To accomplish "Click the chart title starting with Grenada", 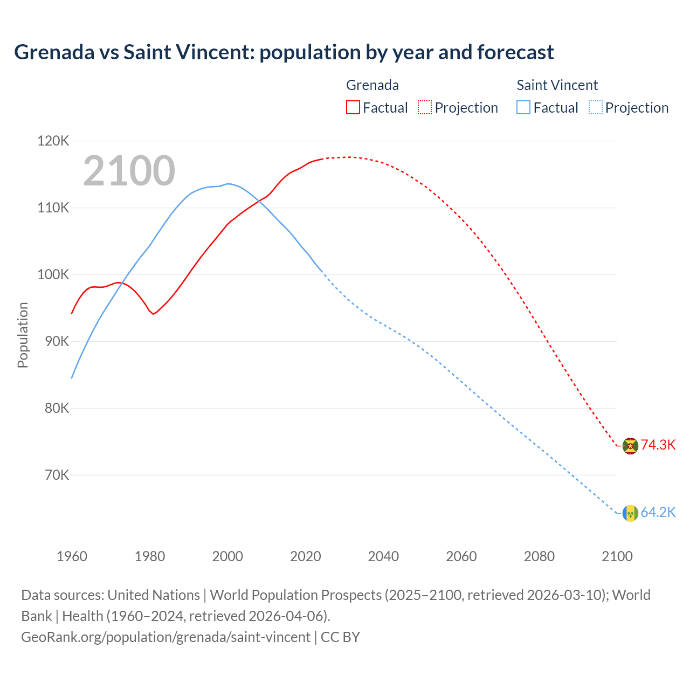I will [x=284, y=52].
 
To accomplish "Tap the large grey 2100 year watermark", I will [x=129, y=171].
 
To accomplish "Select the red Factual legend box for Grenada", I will [x=353, y=108].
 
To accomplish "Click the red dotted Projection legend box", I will [x=425, y=108].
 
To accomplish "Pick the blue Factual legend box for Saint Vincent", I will [x=523, y=108].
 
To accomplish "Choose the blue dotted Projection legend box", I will [x=596, y=108].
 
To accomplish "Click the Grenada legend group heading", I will [x=372, y=85].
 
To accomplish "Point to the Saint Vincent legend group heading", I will [x=557, y=85].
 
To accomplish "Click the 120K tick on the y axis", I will [x=53, y=141].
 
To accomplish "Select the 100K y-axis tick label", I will [x=53, y=274].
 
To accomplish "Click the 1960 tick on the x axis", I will [x=72, y=556].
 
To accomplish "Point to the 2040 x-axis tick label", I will [x=383, y=556].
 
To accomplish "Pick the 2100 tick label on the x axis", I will [x=617, y=556].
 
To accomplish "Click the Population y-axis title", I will [x=23, y=335].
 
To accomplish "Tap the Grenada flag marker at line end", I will [x=630, y=446].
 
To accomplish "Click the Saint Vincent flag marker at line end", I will [x=630, y=513].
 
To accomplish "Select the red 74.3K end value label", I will [x=658, y=445].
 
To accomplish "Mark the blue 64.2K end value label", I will [x=658, y=512].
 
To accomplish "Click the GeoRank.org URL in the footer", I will [x=165, y=637].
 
